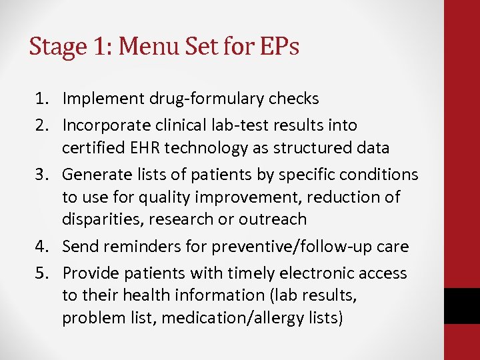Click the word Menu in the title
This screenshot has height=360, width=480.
(144, 47)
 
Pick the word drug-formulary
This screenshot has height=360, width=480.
(193, 99)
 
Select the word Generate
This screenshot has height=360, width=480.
(94, 175)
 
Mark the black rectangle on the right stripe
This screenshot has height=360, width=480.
(461, 306)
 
